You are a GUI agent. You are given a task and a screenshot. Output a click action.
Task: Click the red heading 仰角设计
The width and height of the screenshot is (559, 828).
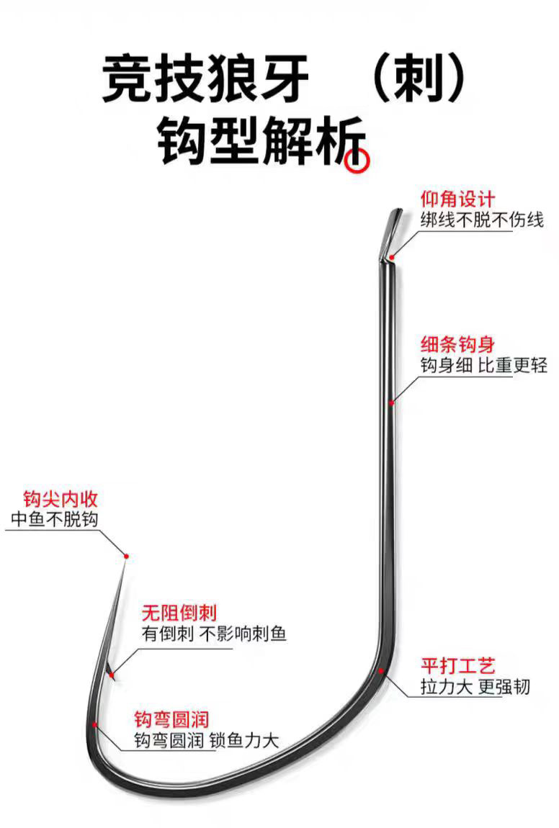458,199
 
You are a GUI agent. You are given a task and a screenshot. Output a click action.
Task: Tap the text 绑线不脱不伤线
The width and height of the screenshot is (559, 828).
482,220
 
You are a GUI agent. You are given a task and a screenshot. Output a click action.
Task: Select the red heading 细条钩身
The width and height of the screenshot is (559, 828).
458,344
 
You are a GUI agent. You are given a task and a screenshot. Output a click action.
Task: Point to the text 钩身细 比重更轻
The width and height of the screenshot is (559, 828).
483,366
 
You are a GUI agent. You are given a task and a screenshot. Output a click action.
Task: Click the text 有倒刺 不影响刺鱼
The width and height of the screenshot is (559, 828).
215,634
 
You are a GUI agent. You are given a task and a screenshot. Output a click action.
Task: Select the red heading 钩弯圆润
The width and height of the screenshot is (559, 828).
171,719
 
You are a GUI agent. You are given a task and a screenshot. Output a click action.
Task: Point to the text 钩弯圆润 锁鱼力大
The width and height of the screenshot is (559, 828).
206,740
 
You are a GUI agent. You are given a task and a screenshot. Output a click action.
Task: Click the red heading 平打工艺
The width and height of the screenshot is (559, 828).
458,665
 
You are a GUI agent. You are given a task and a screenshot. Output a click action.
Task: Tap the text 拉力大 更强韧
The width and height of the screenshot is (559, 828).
475,686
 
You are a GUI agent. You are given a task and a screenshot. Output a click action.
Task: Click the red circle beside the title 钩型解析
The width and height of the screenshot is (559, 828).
357,162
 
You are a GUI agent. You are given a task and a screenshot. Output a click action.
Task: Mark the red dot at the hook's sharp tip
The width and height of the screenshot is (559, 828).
127,556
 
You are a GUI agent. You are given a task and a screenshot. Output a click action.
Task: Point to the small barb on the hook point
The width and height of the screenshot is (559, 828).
110,672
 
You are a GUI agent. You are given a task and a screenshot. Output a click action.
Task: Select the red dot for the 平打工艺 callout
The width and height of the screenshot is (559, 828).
380,670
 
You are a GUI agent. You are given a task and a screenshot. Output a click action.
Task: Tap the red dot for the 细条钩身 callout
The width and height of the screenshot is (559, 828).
391,403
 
